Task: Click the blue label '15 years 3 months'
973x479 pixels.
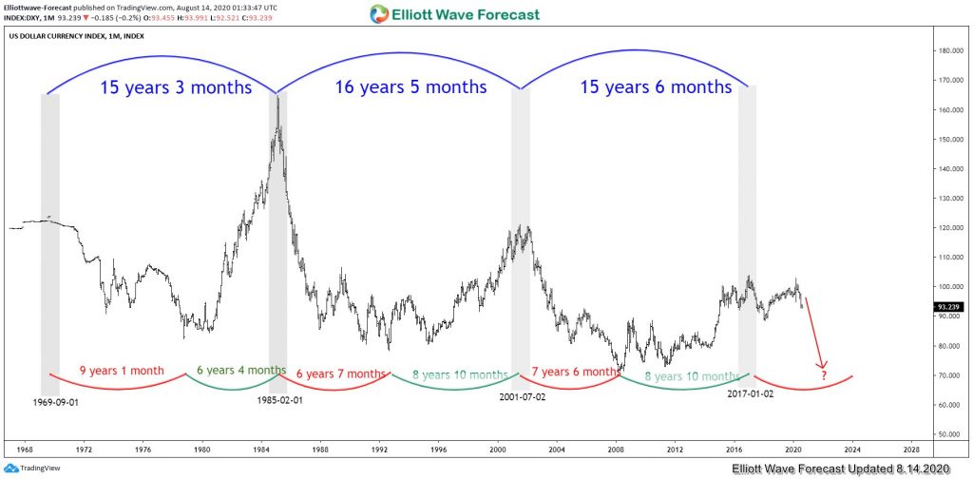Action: pyautogui.click(x=176, y=87)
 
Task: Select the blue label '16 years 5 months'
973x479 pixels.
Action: pyautogui.click(x=410, y=87)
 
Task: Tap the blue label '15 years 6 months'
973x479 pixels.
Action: pyautogui.click(x=656, y=87)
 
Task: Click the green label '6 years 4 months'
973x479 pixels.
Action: pyautogui.click(x=240, y=371)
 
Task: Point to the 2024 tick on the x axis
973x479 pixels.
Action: pyautogui.click(x=852, y=448)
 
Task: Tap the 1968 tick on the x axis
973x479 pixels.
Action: pyautogui.click(x=26, y=448)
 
